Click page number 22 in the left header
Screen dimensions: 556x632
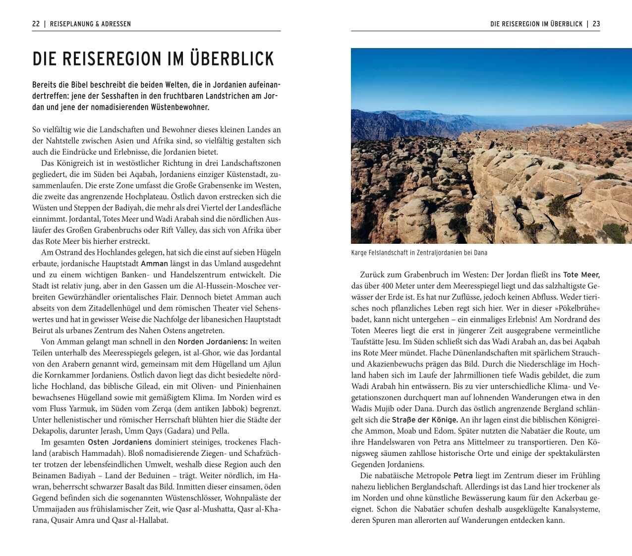[x=36, y=24]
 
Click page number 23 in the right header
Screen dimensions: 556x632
[x=596, y=24]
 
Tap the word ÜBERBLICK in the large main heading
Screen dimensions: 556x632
[x=232, y=59]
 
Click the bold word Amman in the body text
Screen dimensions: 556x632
[x=154, y=264]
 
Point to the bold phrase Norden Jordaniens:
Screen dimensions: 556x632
[x=213, y=341]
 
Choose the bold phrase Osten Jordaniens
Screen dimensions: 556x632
[x=120, y=442]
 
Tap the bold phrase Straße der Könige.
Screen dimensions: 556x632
[x=425, y=420]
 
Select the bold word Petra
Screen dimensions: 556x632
[x=463, y=476]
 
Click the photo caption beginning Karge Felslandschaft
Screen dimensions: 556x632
[x=419, y=253]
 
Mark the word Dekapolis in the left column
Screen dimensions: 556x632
[x=49, y=431]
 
